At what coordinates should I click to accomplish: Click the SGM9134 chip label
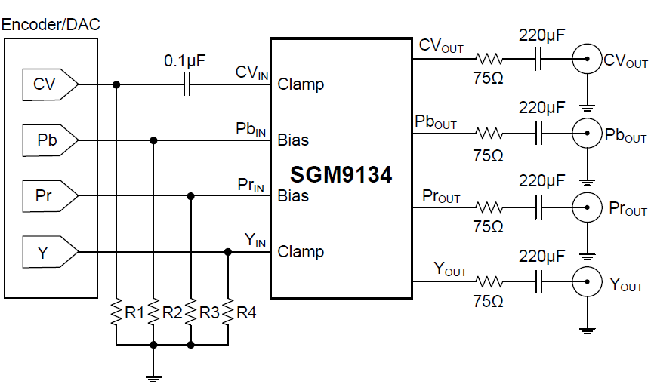[341, 175]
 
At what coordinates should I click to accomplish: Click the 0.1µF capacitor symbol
[186, 84]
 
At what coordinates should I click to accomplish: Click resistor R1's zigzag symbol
[116, 311]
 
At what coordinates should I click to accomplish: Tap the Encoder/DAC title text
[51, 24]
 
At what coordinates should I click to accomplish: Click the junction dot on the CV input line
[116, 84]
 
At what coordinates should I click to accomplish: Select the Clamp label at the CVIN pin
[301, 84]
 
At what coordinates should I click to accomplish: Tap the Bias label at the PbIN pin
[293, 140]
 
